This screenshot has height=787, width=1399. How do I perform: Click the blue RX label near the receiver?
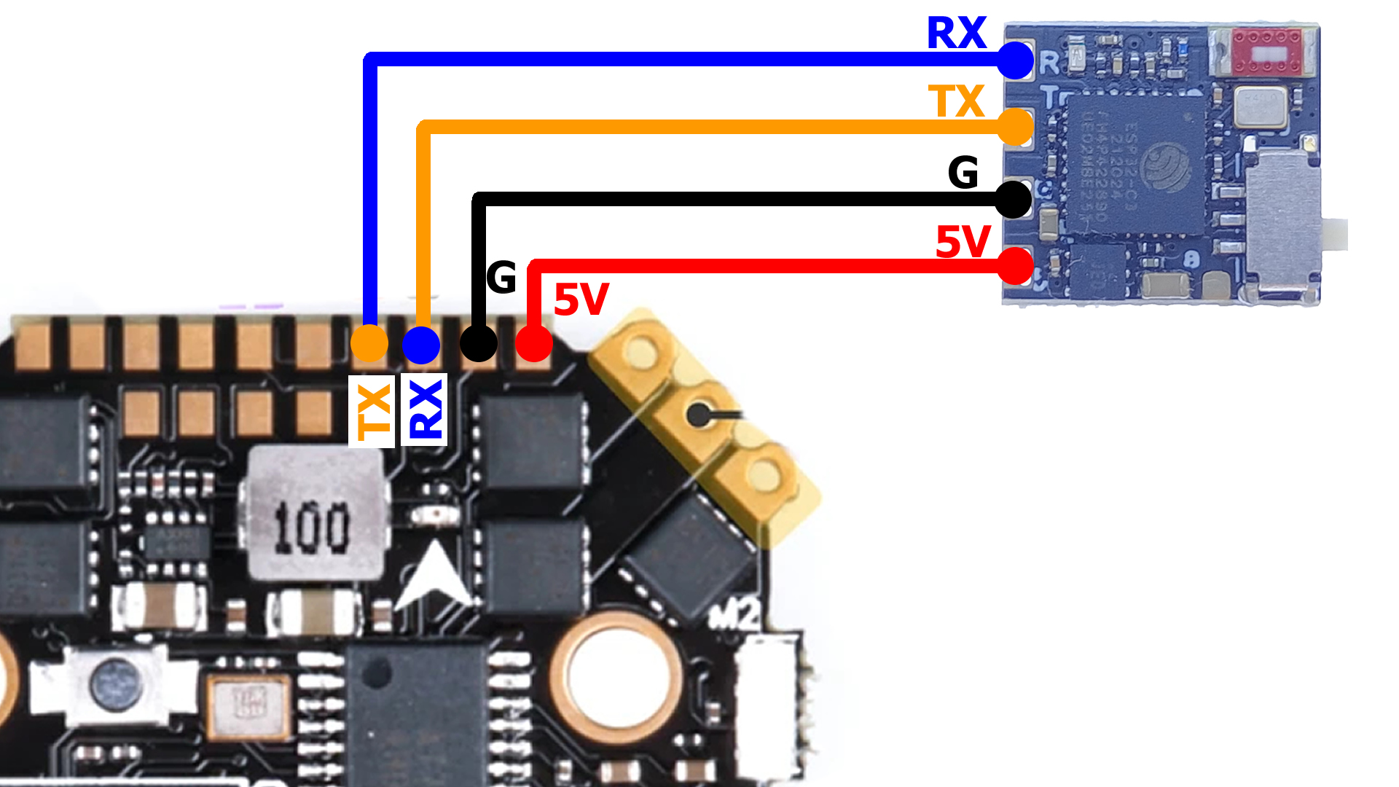pyautogui.click(x=956, y=34)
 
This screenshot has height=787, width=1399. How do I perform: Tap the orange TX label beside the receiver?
pyautogui.click(x=956, y=101)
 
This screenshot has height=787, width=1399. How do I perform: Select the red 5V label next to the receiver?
pyautogui.click(x=963, y=242)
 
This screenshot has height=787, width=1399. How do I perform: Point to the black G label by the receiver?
pyautogui.click(x=963, y=173)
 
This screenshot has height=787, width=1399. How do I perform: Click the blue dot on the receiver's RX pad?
pyautogui.click(x=1015, y=60)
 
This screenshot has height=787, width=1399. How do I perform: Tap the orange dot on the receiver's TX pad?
pyautogui.click(x=1015, y=127)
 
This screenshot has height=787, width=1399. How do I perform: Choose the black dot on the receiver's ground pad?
pyautogui.click(x=1013, y=199)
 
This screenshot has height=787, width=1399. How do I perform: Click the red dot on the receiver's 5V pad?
pyautogui.click(x=1015, y=266)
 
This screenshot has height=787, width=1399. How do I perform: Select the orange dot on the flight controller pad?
pyautogui.click(x=369, y=343)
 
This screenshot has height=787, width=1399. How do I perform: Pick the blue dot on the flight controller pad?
pyautogui.click(x=421, y=345)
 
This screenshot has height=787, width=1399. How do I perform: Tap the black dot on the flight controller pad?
pyautogui.click(x=479, y=342)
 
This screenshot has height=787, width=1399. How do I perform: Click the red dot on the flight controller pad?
pyautogui.click(x=534, y=343)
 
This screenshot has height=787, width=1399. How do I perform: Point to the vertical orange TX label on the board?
pyautogui.click(x=372, y=411)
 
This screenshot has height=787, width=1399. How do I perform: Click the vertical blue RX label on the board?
pyautogui.click(x=425, y=410)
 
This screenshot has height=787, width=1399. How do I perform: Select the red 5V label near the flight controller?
pyautogui.click(x=581, y=299)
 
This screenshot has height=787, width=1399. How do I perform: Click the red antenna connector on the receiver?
pyautogui.click(x=1266, y=51)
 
